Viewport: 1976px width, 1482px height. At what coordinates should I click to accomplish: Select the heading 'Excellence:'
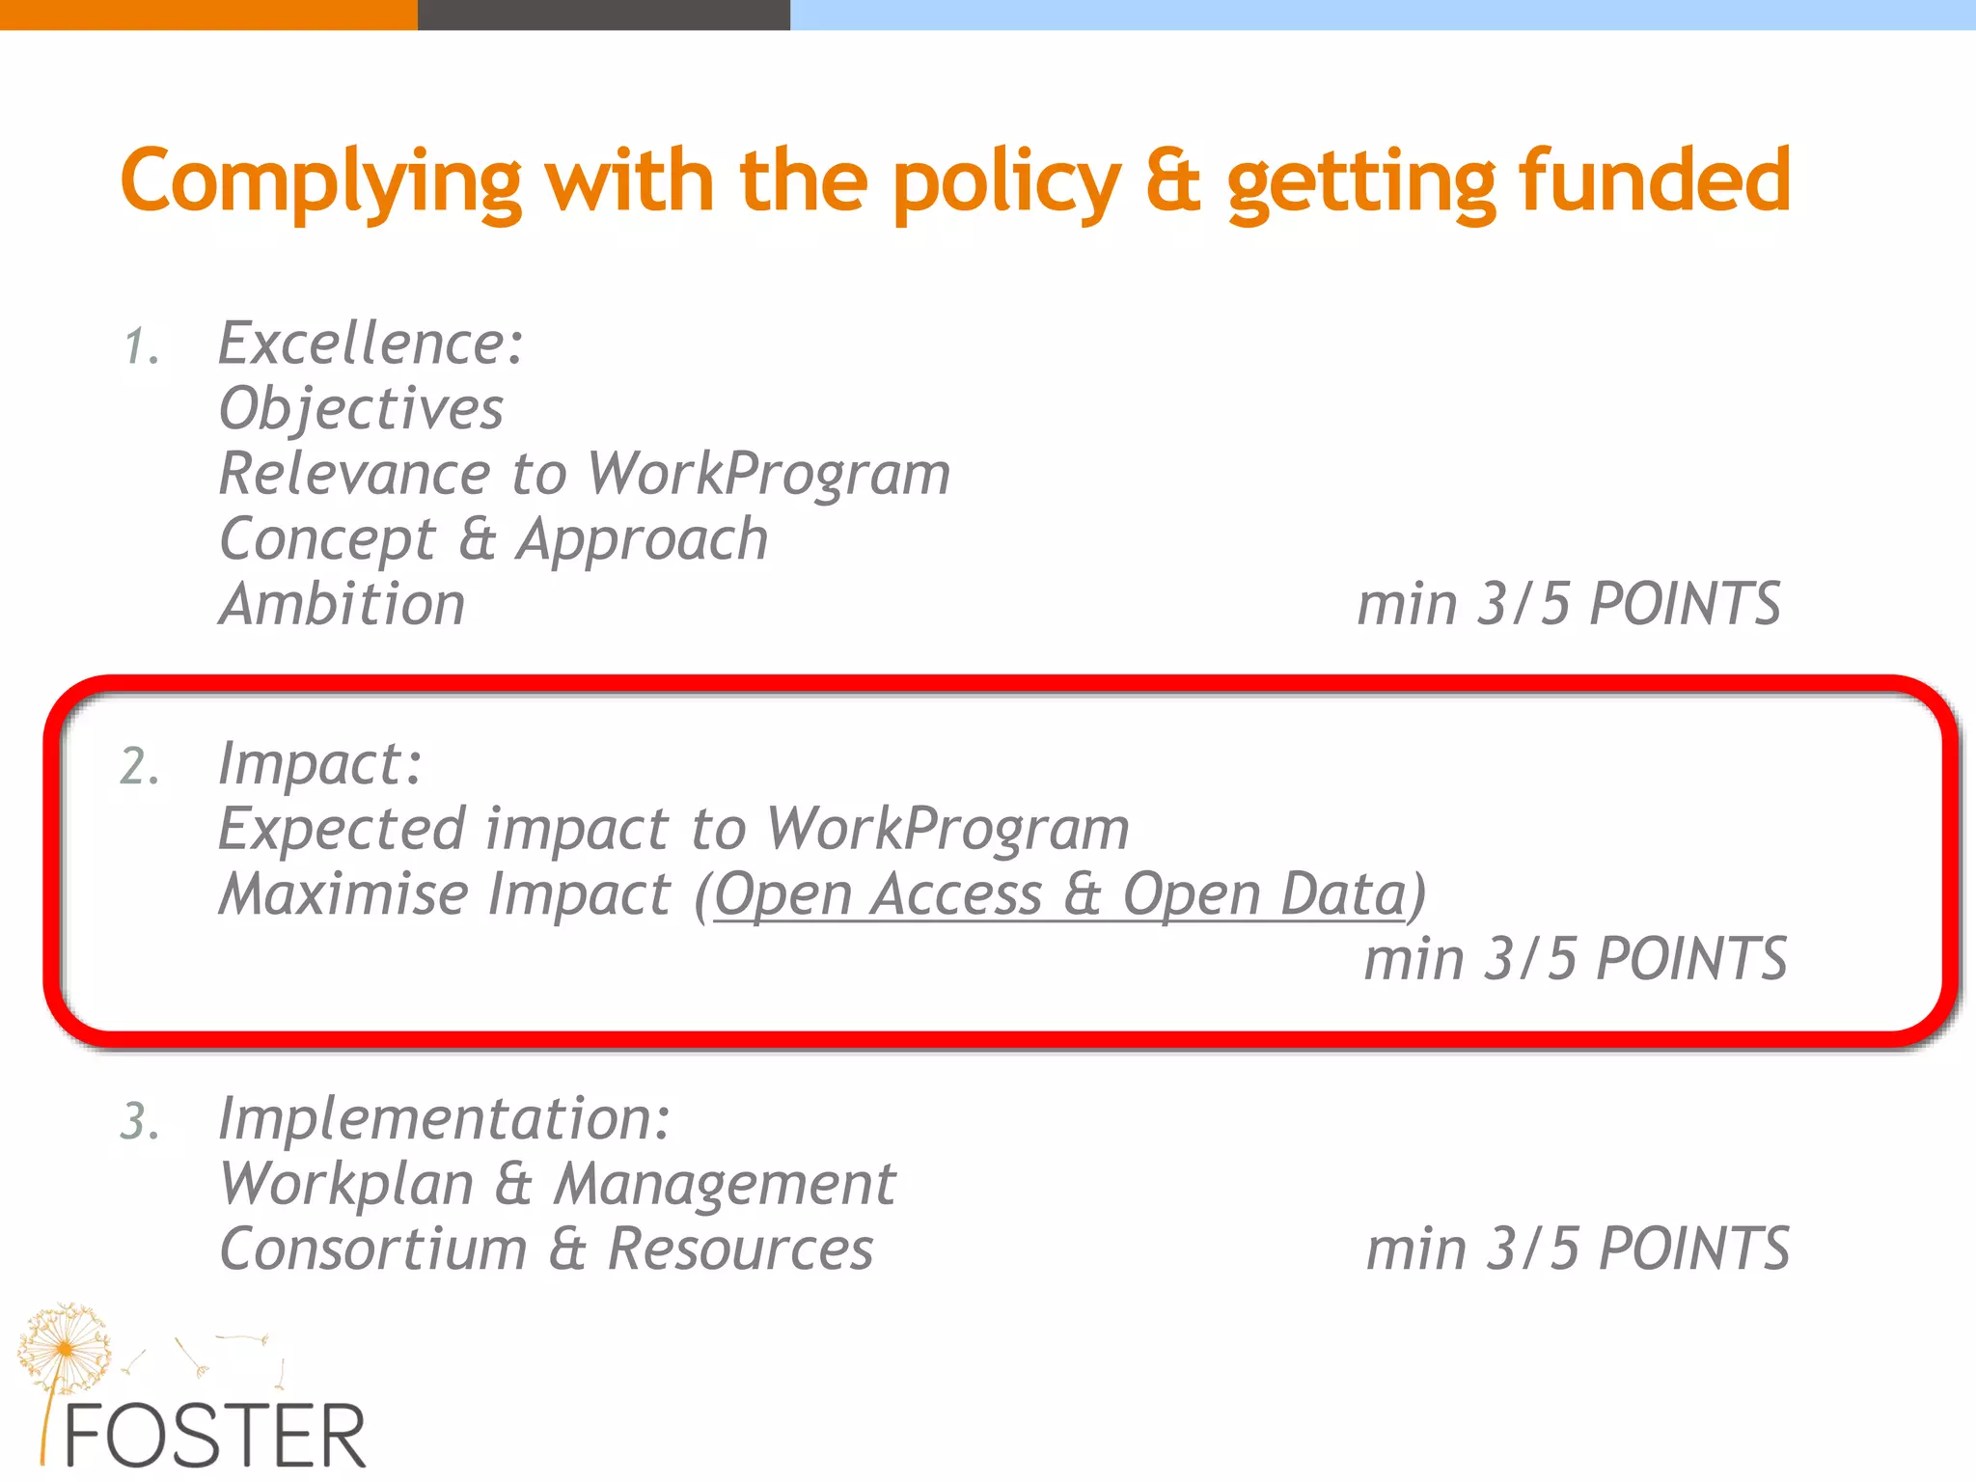click(371, 343)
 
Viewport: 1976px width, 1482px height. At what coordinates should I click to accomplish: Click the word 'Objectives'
click(361, 409)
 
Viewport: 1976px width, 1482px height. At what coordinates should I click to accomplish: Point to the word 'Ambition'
click(343, 605)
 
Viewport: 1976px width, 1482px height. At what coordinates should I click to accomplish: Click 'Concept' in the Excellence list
click(328, 539)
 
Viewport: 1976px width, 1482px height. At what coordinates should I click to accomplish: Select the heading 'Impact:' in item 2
click(320, 764)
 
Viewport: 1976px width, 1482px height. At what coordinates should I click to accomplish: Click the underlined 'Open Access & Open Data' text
click(1060, 894)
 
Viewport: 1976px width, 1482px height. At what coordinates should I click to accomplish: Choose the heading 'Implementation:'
click(445, 1119)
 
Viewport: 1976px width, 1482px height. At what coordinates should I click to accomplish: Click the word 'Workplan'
click(346, 1185)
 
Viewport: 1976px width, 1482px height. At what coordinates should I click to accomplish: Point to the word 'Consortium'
click(373, 1249)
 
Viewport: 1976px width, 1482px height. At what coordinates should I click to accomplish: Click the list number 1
click(141, 347)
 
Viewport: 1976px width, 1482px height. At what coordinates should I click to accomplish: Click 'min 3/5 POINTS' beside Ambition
click(1568, 605)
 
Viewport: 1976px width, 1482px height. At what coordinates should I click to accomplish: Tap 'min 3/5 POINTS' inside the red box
click(1575, 960)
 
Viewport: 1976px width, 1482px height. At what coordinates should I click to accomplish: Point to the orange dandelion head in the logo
click(65, 1345)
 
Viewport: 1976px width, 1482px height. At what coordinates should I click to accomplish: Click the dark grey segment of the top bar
click(603, 14)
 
